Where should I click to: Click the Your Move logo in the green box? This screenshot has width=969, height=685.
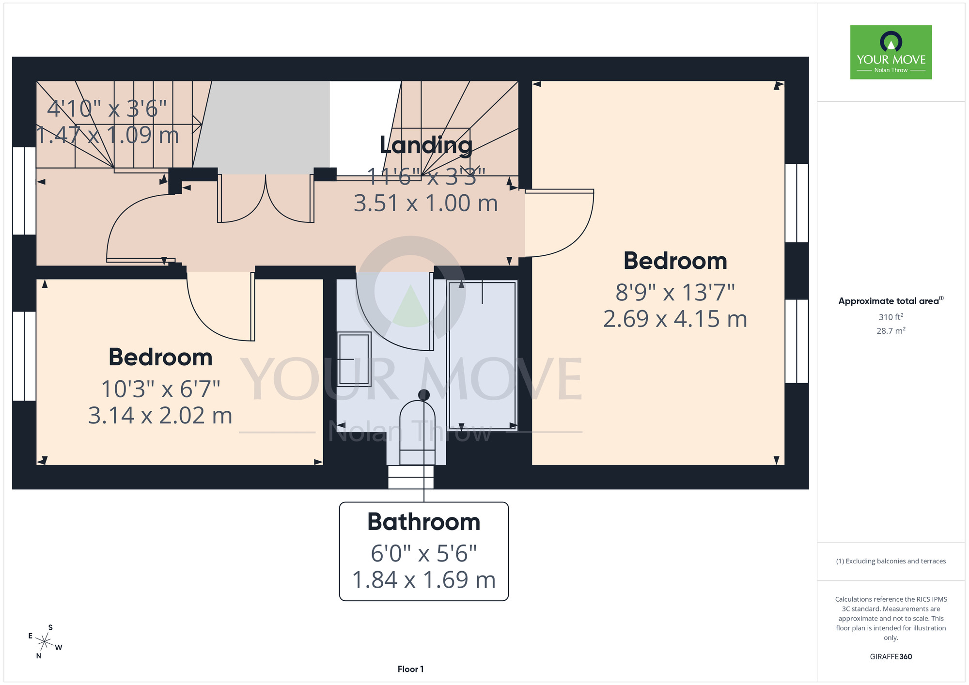tap(891, 52)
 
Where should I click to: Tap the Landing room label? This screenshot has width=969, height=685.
tap(426, 145)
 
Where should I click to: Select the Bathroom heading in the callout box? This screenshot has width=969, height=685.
tap(424, 522)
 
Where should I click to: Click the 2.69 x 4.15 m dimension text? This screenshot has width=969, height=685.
tap(675, 319)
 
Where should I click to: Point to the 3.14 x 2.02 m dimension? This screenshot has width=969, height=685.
tap(160, 416)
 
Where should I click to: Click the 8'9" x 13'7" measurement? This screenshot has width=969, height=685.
tap(675, 292)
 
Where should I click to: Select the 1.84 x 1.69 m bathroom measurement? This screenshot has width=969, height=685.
tap(424, 580)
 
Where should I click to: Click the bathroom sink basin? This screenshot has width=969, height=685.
tap(354, 359)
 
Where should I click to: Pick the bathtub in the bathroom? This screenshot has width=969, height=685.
tap(483, 355)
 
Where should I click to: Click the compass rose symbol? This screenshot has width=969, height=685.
tap(45, 642)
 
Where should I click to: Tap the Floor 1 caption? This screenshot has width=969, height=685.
tap(410, 669)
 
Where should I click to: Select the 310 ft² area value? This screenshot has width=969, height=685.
tap(891, 317)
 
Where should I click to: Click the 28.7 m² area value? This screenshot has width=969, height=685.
tap(891, 331)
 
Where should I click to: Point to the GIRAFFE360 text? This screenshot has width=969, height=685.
tap(891, 657)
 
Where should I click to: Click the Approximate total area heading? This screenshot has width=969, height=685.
tap(891, 301)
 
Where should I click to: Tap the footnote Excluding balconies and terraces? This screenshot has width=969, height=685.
tap(891, 561)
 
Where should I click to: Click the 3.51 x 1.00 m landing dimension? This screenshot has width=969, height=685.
tap(426, 203)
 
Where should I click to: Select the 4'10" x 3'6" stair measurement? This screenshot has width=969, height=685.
tap(107, 109)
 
